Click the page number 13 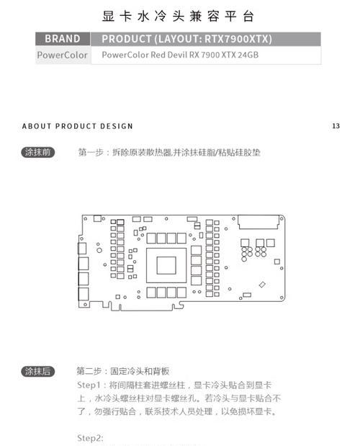pos(336,125)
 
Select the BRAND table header pos(63,39)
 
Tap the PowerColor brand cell pos(62,55)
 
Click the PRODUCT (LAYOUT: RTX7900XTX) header pos(186,39)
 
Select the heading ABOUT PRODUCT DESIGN pos(77,126)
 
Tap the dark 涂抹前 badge pos(37,152)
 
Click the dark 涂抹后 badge pos(37,371)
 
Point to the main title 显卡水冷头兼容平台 pos(178,17)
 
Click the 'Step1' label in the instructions pos(89,385)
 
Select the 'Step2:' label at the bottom pos(90,438)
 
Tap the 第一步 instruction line pos(169,153)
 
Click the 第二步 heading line pos(122,371)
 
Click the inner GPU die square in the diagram pos(166,265)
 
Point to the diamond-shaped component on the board pos(262,285)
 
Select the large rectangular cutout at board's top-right pos(258,222)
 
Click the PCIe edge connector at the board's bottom pos(145,307)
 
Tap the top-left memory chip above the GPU pos(151,238)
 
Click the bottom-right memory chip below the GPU pos(181,293)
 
